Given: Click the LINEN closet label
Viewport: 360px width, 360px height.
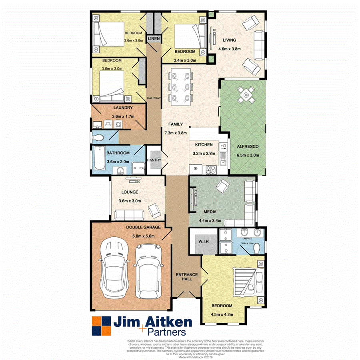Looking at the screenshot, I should click(154, 39).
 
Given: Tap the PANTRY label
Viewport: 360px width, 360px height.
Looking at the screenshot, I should click(154, 160).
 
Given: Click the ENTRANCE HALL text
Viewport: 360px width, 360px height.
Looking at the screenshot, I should click(187, 276).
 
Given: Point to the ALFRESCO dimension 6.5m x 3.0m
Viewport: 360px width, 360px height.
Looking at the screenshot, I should click(248, 155).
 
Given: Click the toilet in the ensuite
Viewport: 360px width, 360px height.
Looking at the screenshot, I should click(256, 248).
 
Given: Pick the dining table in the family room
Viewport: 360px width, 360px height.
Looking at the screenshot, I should click(181, 87).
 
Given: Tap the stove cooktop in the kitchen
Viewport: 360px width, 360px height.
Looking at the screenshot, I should click(211, 170).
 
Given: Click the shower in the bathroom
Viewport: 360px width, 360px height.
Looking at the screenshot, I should click(138, 168).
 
